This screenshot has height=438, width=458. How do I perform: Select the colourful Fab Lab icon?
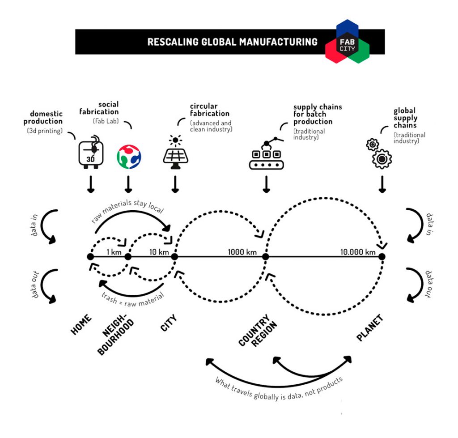pyautogui.click(x=129, y=156)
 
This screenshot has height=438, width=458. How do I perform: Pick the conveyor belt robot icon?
pyautogui.click(x=266, y=154)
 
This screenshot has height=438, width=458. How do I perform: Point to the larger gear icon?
pyautogui.click(x=382, y=158)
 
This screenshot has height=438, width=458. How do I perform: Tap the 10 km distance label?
pyautogui.click(x=158, y=252)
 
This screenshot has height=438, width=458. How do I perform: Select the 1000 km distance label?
pyautogui.click(x=242, y=252)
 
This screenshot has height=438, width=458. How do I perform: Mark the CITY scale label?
pyautogui.click(x=169, y=323)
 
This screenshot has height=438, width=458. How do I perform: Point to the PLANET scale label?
pyautogui.click(x=370, y=328)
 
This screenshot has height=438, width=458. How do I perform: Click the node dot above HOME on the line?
pyautogui.click(x=90, y=257)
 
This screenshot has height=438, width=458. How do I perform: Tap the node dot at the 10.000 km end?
pyautogui.click(x=382, y=257)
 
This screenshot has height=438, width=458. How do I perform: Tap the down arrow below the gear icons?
pyautogui.click(x=382, y=184)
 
